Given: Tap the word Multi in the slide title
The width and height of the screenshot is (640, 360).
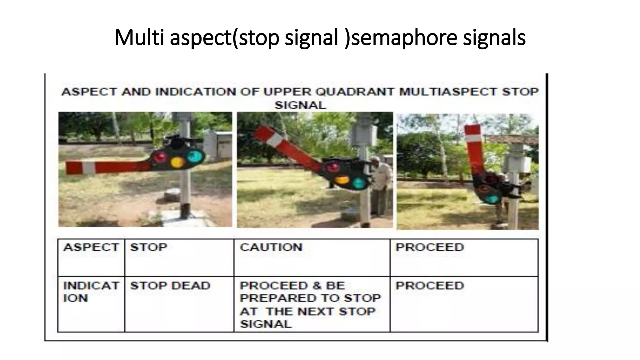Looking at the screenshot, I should tap(139, 38).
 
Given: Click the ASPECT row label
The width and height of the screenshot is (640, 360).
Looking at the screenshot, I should tap(91, 247).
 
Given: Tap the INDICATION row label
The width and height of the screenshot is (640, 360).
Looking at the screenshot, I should tap(91, 292).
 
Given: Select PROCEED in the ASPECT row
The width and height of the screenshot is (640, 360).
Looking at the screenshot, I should tap(430, 247).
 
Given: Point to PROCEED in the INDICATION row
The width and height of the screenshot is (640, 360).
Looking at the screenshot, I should tap(430, 286).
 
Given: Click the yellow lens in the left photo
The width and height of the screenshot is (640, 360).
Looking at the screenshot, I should tap(177, 162).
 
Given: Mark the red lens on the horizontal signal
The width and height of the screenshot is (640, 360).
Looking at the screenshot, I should tap(160, 156).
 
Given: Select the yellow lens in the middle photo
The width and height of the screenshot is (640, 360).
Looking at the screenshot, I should tap(342, 180).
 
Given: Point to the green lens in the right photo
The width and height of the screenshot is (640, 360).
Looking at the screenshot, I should tap(492, 199).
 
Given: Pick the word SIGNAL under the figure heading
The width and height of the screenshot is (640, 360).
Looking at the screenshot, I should tap(300, 105).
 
